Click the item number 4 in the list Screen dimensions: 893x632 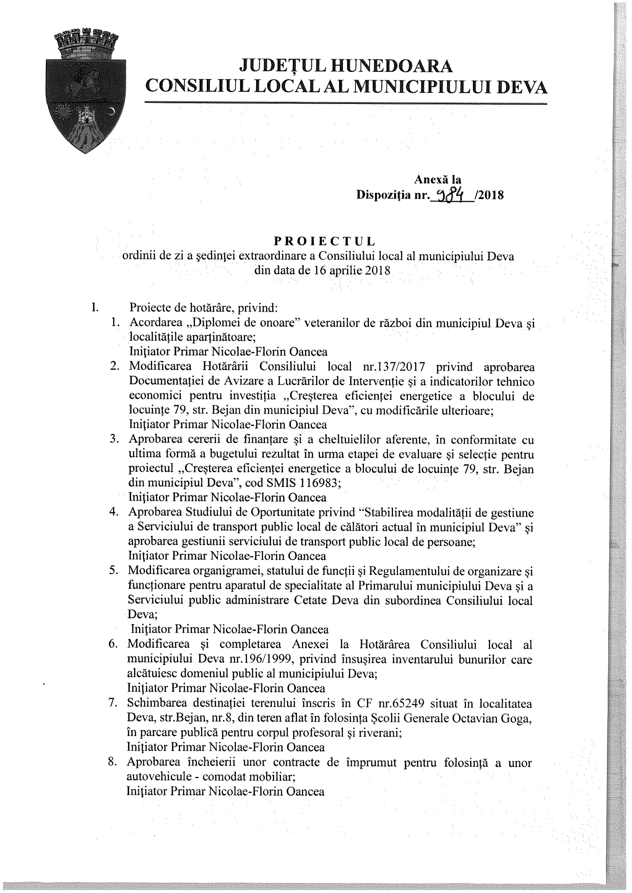[x=114, y=513]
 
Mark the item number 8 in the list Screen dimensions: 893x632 [x=113, y=762]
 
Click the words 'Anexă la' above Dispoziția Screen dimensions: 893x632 [x=437, y=179]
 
